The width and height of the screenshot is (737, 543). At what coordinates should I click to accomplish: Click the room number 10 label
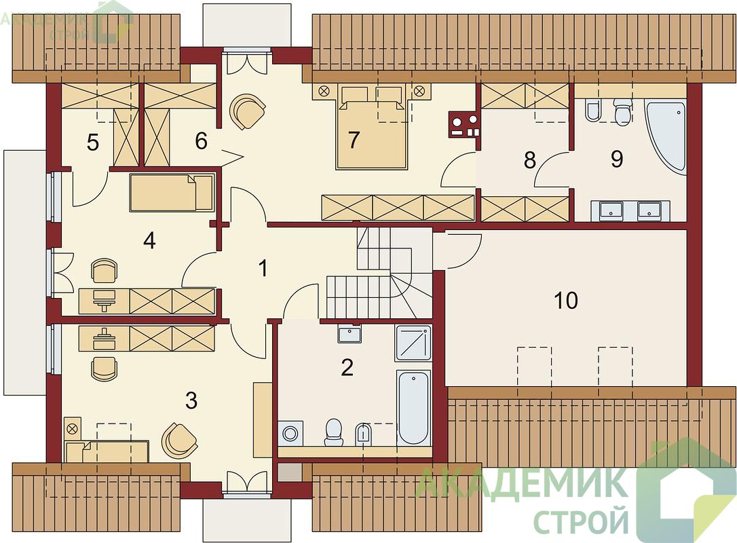tap(566, 301)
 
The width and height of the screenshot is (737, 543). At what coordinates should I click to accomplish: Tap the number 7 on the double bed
tap(354, 139)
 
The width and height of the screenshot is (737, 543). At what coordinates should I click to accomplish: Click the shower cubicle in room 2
tap(413, 342)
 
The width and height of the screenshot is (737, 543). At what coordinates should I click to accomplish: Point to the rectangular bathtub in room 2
tap(413, 407)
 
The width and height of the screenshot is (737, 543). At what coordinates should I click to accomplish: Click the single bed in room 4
tap(172, 192)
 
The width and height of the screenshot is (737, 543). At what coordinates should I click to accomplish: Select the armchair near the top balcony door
tap(247, 111)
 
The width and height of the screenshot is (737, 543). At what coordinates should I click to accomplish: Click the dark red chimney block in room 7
tap(464, 124)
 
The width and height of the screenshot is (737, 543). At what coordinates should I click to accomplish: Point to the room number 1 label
tap(263, 268)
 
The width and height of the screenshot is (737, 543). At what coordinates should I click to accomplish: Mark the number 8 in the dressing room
tap(530, 160)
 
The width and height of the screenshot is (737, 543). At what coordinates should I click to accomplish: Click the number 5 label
tap(93, 143)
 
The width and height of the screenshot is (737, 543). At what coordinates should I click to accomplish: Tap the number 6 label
tap(201, 141)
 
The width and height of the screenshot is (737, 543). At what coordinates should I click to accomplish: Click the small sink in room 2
tap(349, 334)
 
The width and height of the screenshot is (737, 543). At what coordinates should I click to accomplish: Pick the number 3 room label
tap(191, 400)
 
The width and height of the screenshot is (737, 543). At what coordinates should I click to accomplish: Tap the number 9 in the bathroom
tap(617, 159)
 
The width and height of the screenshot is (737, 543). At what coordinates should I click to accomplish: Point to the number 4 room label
tap(149, 241)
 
